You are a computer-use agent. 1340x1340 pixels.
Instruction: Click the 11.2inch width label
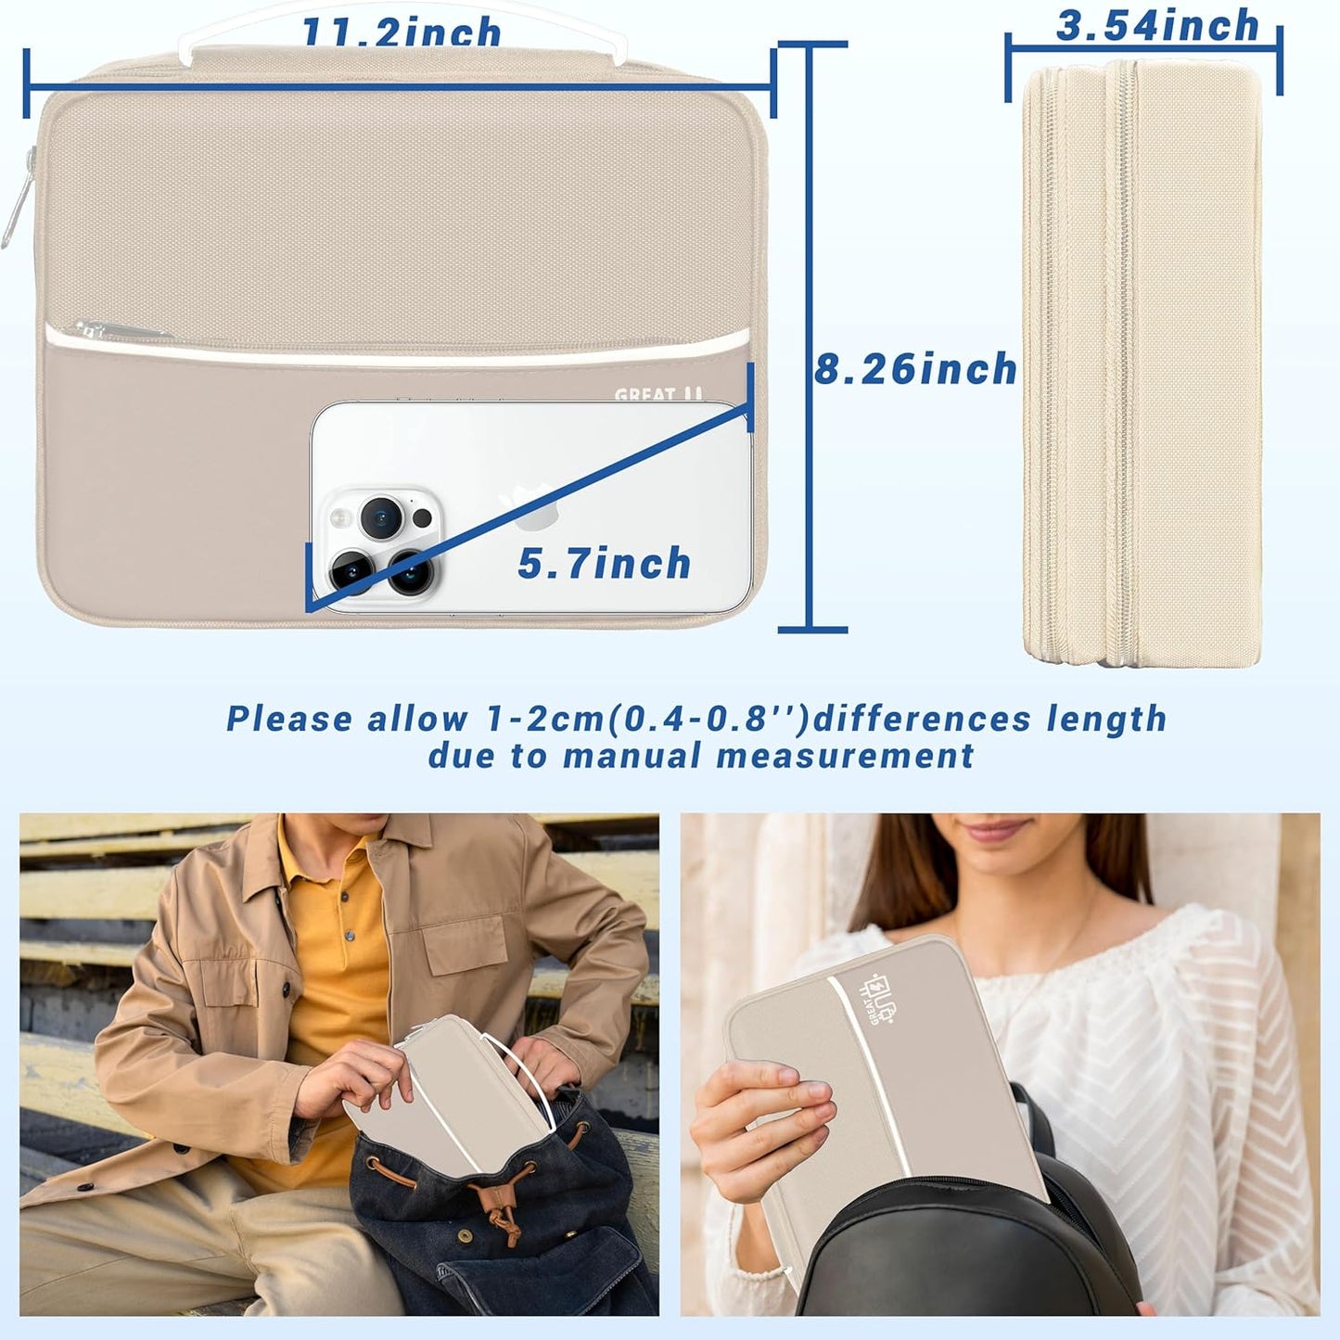[x=402, y=32]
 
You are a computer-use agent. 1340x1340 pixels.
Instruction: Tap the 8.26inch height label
[x=914, y=369]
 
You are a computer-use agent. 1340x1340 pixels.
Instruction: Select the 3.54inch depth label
[x=1157, y=26]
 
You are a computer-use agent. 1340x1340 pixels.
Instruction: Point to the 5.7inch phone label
[x=604, y=564]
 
